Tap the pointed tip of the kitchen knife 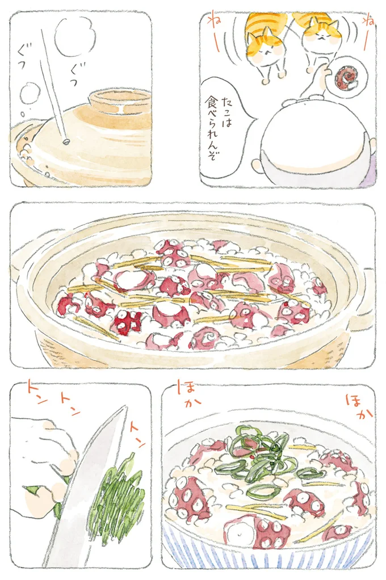(x=125, y=408)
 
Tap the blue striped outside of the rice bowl (x=267, y=560)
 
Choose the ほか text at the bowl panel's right (x=358, y=408)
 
